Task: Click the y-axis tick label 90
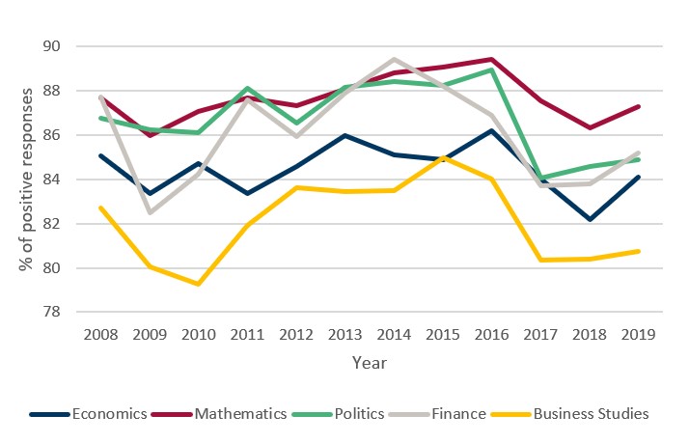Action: coord(51,46)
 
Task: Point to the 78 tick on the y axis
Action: coord(51,313)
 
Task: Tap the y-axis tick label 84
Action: coord(51,180)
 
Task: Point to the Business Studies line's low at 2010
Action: coord(198,284)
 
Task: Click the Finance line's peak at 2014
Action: coord(394,59)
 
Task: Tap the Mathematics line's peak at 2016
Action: coord(492,59)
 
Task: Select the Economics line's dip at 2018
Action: coord(590,219)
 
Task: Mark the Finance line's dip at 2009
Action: coord(149,212)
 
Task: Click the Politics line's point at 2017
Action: coord(541,178)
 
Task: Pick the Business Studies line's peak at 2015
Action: coord(443,157)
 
